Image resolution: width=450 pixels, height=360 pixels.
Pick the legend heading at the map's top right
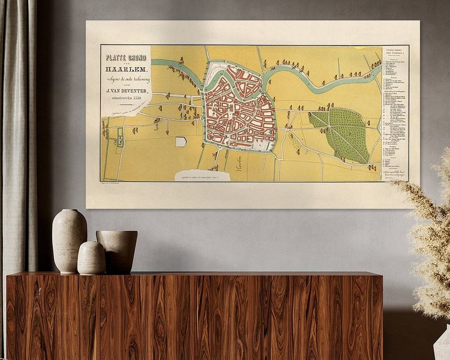coord(394,52)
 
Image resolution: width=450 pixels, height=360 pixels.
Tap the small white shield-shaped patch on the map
coord(181,142)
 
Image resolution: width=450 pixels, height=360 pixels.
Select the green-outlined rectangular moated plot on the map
coord(120,137)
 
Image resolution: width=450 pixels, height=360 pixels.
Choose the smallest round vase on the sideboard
coord(91,258)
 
